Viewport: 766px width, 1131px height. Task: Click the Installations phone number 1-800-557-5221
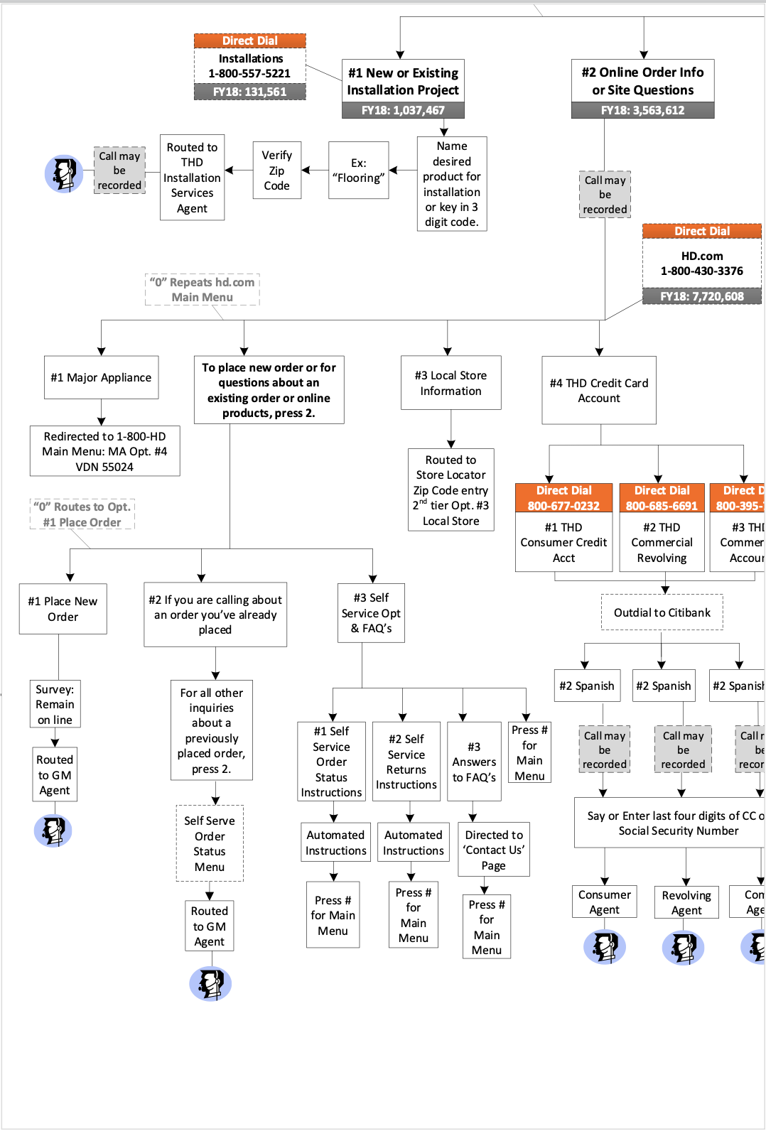click(x=249, y=73)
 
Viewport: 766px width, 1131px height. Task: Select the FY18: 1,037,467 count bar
click(x=403, y=110)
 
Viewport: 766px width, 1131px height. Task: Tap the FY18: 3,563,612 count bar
click(x=642, y=110)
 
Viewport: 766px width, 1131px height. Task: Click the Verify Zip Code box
click(x=276, y=171)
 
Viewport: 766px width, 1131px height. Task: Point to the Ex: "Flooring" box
click(x=359, y=171)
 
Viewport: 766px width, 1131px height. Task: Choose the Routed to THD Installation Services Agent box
click(x=192, y=178)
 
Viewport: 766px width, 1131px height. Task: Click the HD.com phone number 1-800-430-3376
click(x=701, y=271)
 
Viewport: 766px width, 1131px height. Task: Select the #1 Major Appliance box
click(x=101, y=377)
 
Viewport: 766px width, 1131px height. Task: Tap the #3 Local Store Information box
click(x=451, y=383)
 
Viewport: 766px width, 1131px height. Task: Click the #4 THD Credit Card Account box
click(x=599, y=390)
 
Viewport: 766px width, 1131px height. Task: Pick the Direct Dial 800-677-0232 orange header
click(x=563, y=498)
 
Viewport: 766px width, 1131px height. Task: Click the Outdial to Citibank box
click(x=662, y=612)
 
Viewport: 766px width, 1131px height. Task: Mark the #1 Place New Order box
click(x=63, y=609)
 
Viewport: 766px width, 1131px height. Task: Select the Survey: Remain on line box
click(x=55, y=704)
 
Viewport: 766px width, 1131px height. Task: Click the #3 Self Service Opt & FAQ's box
click(x=371, y=613)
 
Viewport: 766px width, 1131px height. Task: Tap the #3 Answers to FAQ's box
click(x=474, y=762)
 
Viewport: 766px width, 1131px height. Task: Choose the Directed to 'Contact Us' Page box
click(x=494, y=850)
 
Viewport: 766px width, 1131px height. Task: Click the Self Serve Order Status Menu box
click(x=210, y=843)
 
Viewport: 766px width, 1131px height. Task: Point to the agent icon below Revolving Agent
click(x=683, y=947)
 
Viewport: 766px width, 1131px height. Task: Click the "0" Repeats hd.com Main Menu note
click(x=202, y=290)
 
